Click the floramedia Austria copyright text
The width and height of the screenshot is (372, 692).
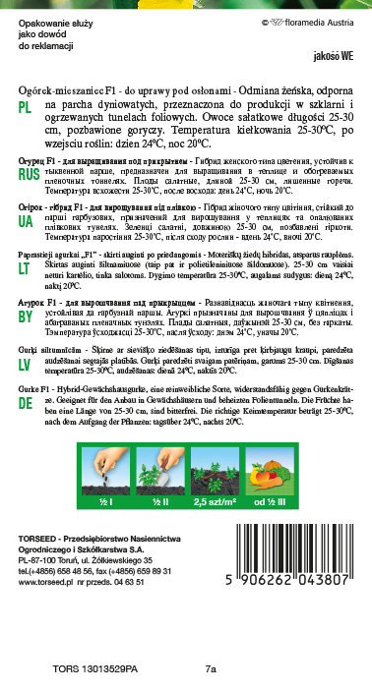(x=308, y=19)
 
